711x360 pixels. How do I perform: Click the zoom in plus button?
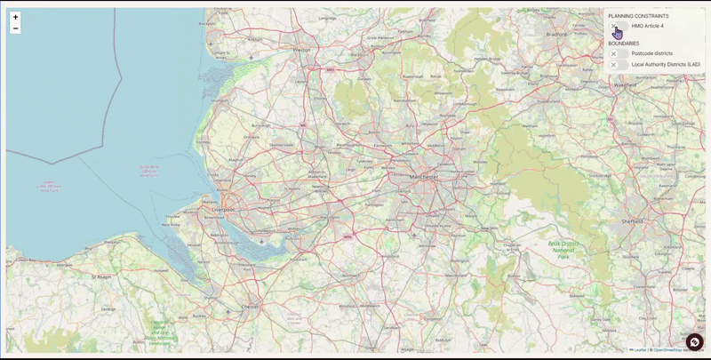coord(15,17)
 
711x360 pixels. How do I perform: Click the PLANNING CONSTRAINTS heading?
coord(638,16)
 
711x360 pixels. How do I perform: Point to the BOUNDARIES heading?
coord(623,44)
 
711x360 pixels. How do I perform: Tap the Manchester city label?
coord(423,178)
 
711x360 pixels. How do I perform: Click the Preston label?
coord(301,51)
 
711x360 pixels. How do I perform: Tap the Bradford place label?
coord(557,34)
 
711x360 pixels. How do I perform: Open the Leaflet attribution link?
coord(639,350)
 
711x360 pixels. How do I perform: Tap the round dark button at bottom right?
coord(694,342)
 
